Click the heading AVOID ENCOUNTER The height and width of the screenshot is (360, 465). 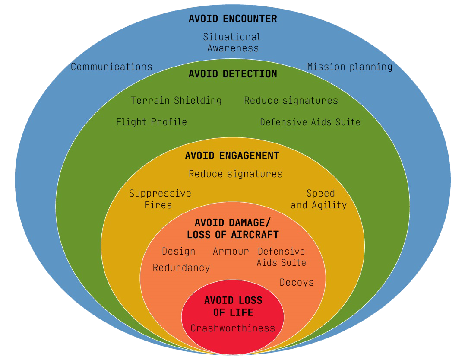point(233,19)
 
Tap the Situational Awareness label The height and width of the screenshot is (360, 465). point(232,42)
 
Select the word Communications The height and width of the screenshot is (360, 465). point(111,67)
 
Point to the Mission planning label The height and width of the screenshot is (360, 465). point(350,67)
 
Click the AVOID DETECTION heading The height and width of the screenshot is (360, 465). point(233,74)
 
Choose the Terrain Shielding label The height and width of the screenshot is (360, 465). point(176,101)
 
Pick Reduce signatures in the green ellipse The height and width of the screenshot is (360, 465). point(291,101)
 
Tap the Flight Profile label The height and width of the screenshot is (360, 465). point(152,122)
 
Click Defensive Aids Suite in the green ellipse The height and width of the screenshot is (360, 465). point(310,122)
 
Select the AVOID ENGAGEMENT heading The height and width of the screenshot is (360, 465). point(232,156)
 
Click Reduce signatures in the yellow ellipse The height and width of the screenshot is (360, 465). point(236,174)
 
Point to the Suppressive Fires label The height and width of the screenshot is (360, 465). point(160,199)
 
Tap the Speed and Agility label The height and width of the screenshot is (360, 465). point(319,199)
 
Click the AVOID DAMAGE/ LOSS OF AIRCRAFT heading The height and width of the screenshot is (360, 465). point(233,229)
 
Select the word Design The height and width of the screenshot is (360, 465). point(178,252)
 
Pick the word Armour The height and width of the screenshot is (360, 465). point(231,252)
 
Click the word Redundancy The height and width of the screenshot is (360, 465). point(181,268)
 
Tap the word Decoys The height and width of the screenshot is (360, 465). point(297,283)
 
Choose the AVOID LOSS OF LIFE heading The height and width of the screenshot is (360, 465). point(234,306)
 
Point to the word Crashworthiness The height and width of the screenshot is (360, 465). point(233,328)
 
